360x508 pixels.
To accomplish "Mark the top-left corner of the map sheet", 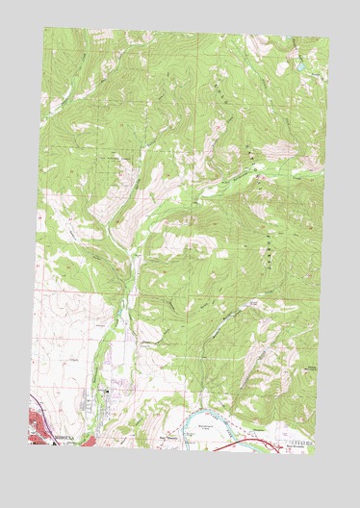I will coord(43,27).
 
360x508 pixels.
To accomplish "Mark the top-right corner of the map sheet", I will coord(329,38).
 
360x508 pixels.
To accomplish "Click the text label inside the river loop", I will coord(204,425).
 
